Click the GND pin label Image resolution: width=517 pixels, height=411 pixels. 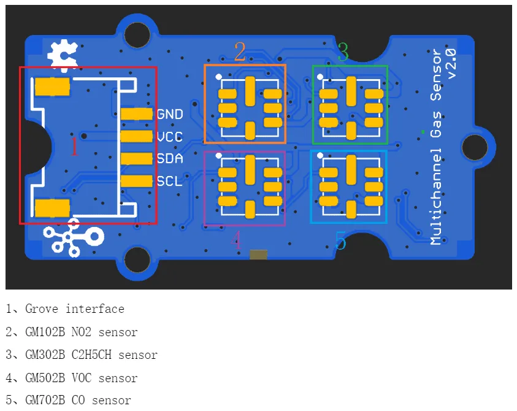point(170,114)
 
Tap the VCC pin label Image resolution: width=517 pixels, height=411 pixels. point(170,137)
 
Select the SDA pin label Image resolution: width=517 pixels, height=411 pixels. point(170,159)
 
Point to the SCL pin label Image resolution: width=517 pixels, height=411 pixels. point(169,181)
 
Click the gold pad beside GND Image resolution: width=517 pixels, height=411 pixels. point(136,114)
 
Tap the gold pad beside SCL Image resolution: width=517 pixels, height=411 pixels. point(136,181)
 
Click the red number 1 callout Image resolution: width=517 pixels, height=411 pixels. point(75,147)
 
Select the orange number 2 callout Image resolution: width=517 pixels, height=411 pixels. point(240,52)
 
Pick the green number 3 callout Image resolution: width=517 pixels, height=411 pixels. point(343,52)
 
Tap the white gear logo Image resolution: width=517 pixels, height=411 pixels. point(63,55)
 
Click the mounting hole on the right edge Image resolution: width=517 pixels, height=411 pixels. point(475,147)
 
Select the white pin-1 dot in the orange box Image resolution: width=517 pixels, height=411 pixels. point(218,77)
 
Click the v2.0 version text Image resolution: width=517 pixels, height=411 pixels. point(451,64)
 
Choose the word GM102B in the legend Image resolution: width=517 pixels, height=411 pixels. point(45,332)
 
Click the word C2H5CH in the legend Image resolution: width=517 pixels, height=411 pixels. point(91,355)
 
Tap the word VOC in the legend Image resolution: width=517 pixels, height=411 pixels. point(82,378)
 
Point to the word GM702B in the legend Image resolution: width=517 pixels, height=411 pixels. point(45,400)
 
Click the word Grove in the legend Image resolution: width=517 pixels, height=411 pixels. point(42,309)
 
